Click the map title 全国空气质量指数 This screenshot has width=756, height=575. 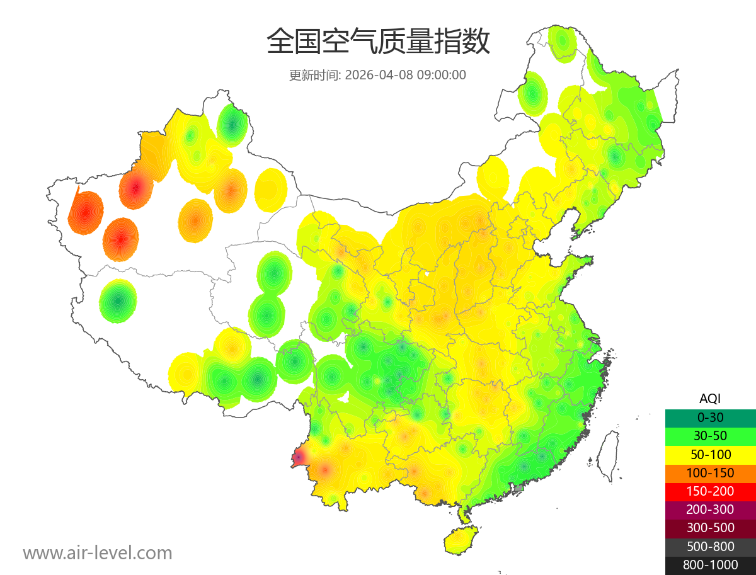(378, 42)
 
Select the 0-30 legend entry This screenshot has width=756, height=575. (710, 417)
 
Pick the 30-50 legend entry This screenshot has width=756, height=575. (710, 435)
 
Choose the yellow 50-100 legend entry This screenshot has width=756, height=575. (710, 454)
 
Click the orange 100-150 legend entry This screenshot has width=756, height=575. (710, 472)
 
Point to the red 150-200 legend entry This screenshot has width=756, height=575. (710, 491)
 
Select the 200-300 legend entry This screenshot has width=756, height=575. (710, 510)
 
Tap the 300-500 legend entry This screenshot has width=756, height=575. (710, 528)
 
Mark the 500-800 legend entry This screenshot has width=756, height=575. (710, 547)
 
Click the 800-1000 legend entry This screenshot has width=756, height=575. (710, 565)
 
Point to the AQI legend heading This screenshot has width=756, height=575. (710, 399)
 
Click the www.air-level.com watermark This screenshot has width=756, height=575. (98, 553)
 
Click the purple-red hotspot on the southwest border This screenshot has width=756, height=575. (299, 457)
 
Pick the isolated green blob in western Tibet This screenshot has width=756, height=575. (118, 301)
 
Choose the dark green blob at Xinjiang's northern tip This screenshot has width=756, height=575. (232, 124)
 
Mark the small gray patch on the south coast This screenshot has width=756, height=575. (519, 487)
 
